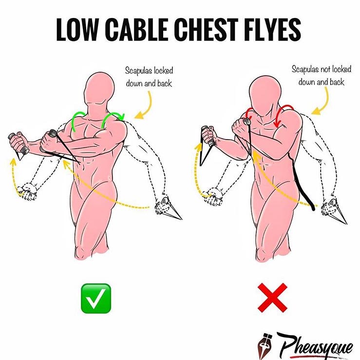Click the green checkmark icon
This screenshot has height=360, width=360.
96,299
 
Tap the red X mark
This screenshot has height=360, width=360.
272,298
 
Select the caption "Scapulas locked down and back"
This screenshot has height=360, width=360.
149,77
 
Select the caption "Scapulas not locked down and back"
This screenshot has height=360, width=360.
322,76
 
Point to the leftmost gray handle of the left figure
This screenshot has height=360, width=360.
19,143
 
